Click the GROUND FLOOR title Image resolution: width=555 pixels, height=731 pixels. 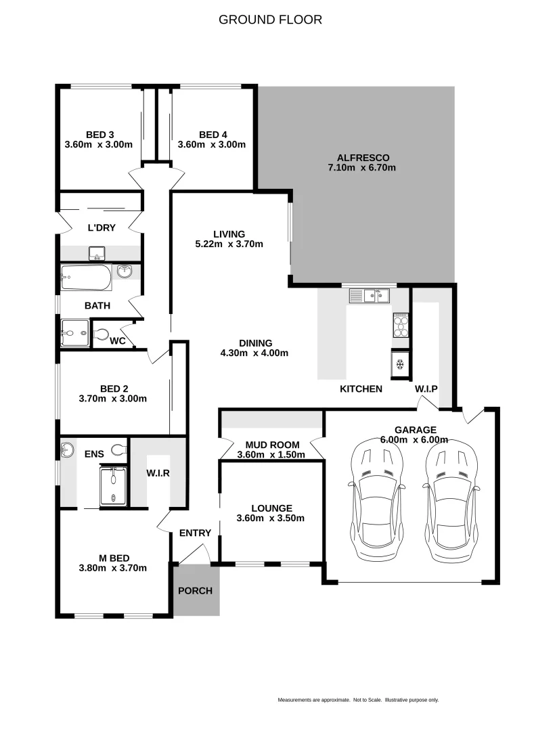(270, 20)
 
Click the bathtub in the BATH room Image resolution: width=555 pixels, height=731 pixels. (86, 276)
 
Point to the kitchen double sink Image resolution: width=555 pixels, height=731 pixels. (370, 295)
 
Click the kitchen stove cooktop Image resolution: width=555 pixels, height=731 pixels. (400, 325)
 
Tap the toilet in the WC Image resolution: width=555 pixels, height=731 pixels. (101, 334)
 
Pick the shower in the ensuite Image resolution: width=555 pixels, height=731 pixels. (113, 486)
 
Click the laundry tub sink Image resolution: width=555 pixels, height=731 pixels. (96, 254)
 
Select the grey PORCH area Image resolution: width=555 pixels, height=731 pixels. (196, 590)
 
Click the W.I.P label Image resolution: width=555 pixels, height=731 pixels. (426, 389)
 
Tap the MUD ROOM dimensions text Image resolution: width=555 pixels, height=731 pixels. (271, 455)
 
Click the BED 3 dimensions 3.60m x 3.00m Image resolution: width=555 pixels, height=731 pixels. (99, 144)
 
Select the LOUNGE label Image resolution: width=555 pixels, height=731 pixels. (271, 508)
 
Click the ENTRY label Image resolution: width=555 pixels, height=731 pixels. (195, 533)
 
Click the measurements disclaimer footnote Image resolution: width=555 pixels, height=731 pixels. (358, 700)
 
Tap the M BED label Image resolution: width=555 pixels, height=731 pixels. (112, 558)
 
